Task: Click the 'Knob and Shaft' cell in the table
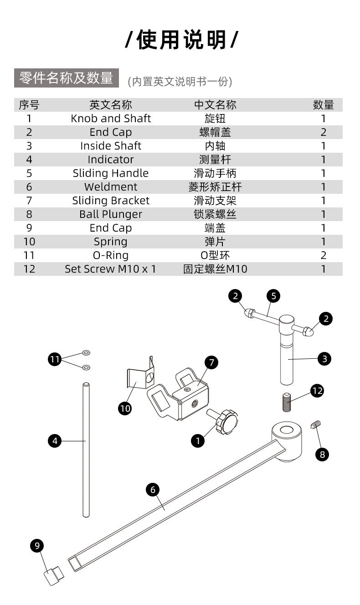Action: point(111,119)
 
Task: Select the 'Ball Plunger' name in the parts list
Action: point(111,214)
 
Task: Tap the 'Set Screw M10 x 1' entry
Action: point(111,269)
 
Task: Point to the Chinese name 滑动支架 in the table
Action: point(215,201)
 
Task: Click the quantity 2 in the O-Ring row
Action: point(323,255)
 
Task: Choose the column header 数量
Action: point(323,105)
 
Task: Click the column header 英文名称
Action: point(111,105)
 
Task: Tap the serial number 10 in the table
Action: point(29,242)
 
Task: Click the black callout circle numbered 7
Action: point(211,362)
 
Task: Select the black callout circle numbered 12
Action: point(317,391)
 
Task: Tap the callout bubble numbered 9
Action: point(37,546)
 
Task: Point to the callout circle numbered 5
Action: point(273,296)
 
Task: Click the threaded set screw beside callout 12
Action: point(287,402)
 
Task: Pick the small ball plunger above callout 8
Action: point(316,424)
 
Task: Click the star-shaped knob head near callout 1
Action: point(226,422)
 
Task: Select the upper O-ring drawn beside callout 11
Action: point(86,352)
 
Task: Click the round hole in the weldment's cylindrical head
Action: point(287,430)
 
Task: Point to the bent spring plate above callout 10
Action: point(140,374)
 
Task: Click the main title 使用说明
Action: point(182,40)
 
